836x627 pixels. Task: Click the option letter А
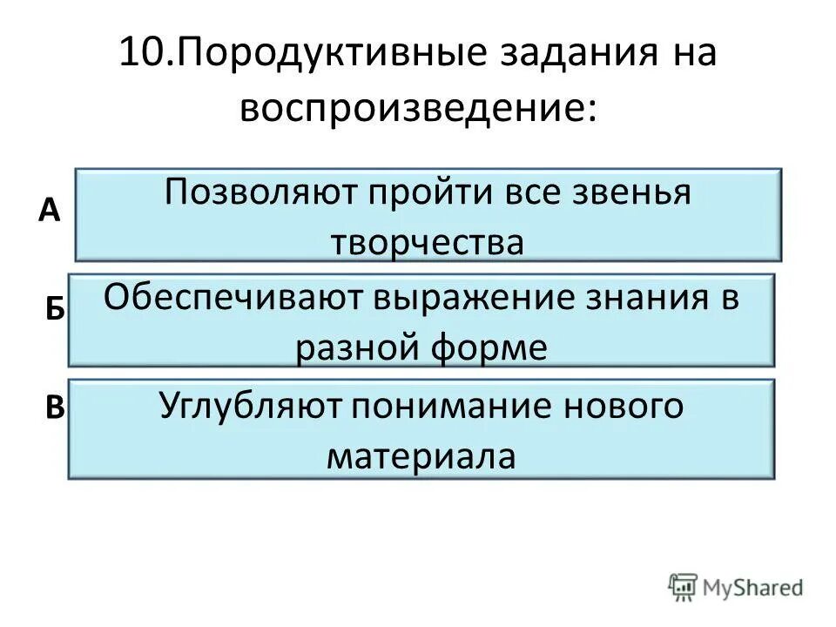[x=50, y=209]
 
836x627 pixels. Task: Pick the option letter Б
[x=54, y=310]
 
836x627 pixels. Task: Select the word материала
[x=421, y=455]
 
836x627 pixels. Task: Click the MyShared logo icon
[x=682, y=587]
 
